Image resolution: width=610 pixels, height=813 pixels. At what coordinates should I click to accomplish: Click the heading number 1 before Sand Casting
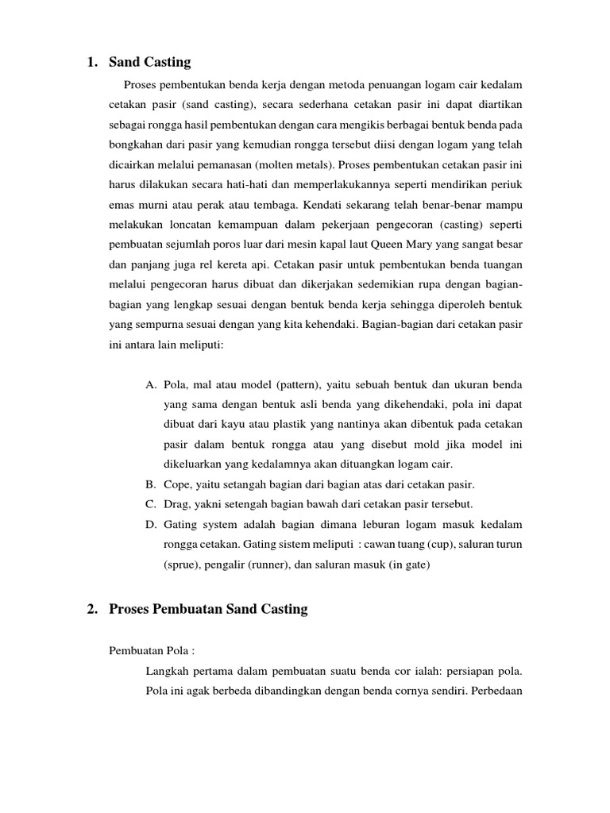pyautogui.click(x=91, y=63)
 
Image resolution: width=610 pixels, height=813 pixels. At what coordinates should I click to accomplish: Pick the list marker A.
pyautogui.click(x=150, y=385)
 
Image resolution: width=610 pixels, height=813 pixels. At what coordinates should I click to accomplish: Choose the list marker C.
pyautogui.click(x=150, y=504)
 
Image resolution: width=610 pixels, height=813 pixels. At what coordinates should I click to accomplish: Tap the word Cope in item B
pyautogui.click(x=178, y=484)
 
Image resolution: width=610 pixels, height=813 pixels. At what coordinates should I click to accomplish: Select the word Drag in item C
pyautogui.click(x=178, y=504)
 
